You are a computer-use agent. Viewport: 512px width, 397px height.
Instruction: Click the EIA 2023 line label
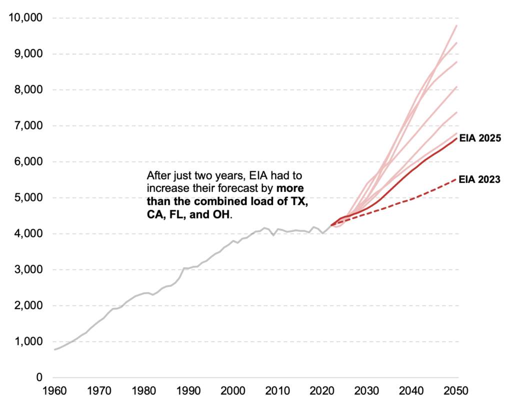coord(480,179)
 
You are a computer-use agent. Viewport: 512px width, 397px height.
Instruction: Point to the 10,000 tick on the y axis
coord(26,18)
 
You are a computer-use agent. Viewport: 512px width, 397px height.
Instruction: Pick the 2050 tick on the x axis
coord(456,390)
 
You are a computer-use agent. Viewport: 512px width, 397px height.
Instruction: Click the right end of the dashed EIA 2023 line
coord(456,178)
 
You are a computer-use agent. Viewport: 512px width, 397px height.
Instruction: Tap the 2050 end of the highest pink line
coord(456,25)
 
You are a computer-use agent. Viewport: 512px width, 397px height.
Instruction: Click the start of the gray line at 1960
coord(54,349)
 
